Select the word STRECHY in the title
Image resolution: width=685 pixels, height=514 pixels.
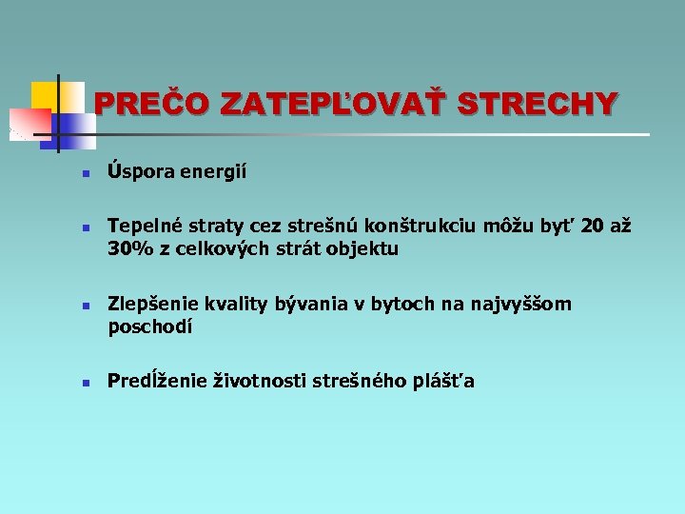pyautogui.click(x=538, y=103)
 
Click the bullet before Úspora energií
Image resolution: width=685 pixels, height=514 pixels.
pyautogui.click(x=85, y=175)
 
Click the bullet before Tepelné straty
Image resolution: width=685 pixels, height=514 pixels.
pyautogui.click(x=85, y=229)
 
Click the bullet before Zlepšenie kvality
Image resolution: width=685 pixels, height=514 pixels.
pyautogui.click(x=85, y=307)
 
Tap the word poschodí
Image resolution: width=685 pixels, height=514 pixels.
pyautogui.click(x=150, y=327)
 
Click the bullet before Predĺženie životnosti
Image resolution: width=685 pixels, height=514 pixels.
pyautogui.click(x=85, y=385)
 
